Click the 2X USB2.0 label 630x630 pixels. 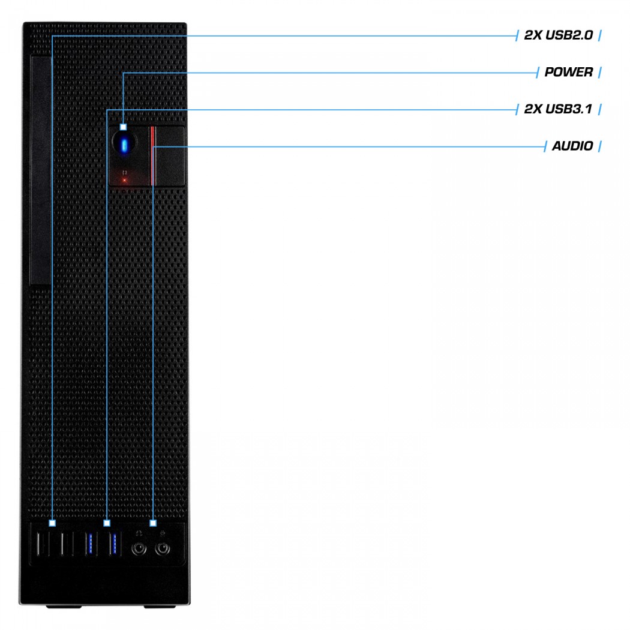(558, 35)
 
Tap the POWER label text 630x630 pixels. (569, 73)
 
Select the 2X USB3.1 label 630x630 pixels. (558, 109)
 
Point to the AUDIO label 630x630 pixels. (572, 146)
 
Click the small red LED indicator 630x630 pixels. (125, 181)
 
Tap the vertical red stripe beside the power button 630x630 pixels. (152, 156)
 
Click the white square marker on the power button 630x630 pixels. (124, 127)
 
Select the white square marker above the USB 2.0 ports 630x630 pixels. (52, 523)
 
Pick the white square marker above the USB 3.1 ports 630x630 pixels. (106, 523)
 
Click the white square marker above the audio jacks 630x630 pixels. (153, 523)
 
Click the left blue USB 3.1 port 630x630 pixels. (89, 544)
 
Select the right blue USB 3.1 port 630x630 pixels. (114, 544)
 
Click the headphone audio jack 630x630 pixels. (139, 548)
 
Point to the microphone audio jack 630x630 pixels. (163, 548)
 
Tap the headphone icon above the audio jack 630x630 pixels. (139, 533)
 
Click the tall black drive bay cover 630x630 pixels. (41, 171)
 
